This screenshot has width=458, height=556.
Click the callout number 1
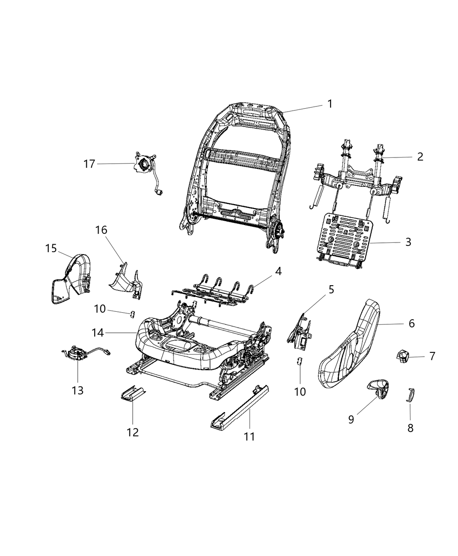click(x=330, y=104)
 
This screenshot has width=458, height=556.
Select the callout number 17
click(x=89, y=164)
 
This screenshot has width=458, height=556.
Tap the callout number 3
click(x=408, y=242)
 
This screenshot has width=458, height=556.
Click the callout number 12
click(x=133, y=432)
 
